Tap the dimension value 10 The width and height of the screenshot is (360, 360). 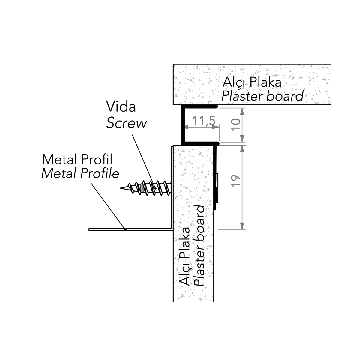[x=237, y=124]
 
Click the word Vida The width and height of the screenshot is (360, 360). [x=121, y=106]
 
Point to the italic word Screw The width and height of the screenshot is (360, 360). [x=127, y=123]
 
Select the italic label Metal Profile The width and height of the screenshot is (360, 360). [x=80, y=173]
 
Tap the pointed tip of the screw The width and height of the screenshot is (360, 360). [x=121, y=188]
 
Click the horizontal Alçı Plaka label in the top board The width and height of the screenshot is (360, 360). [x=252, y=82]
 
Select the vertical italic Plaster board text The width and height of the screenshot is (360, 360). [x=199, y=246]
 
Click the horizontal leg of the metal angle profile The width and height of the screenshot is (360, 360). [x=129, y=230]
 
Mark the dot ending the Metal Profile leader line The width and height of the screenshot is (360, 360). [x=125, y=230]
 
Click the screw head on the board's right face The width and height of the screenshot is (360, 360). [x=217, y=187]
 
